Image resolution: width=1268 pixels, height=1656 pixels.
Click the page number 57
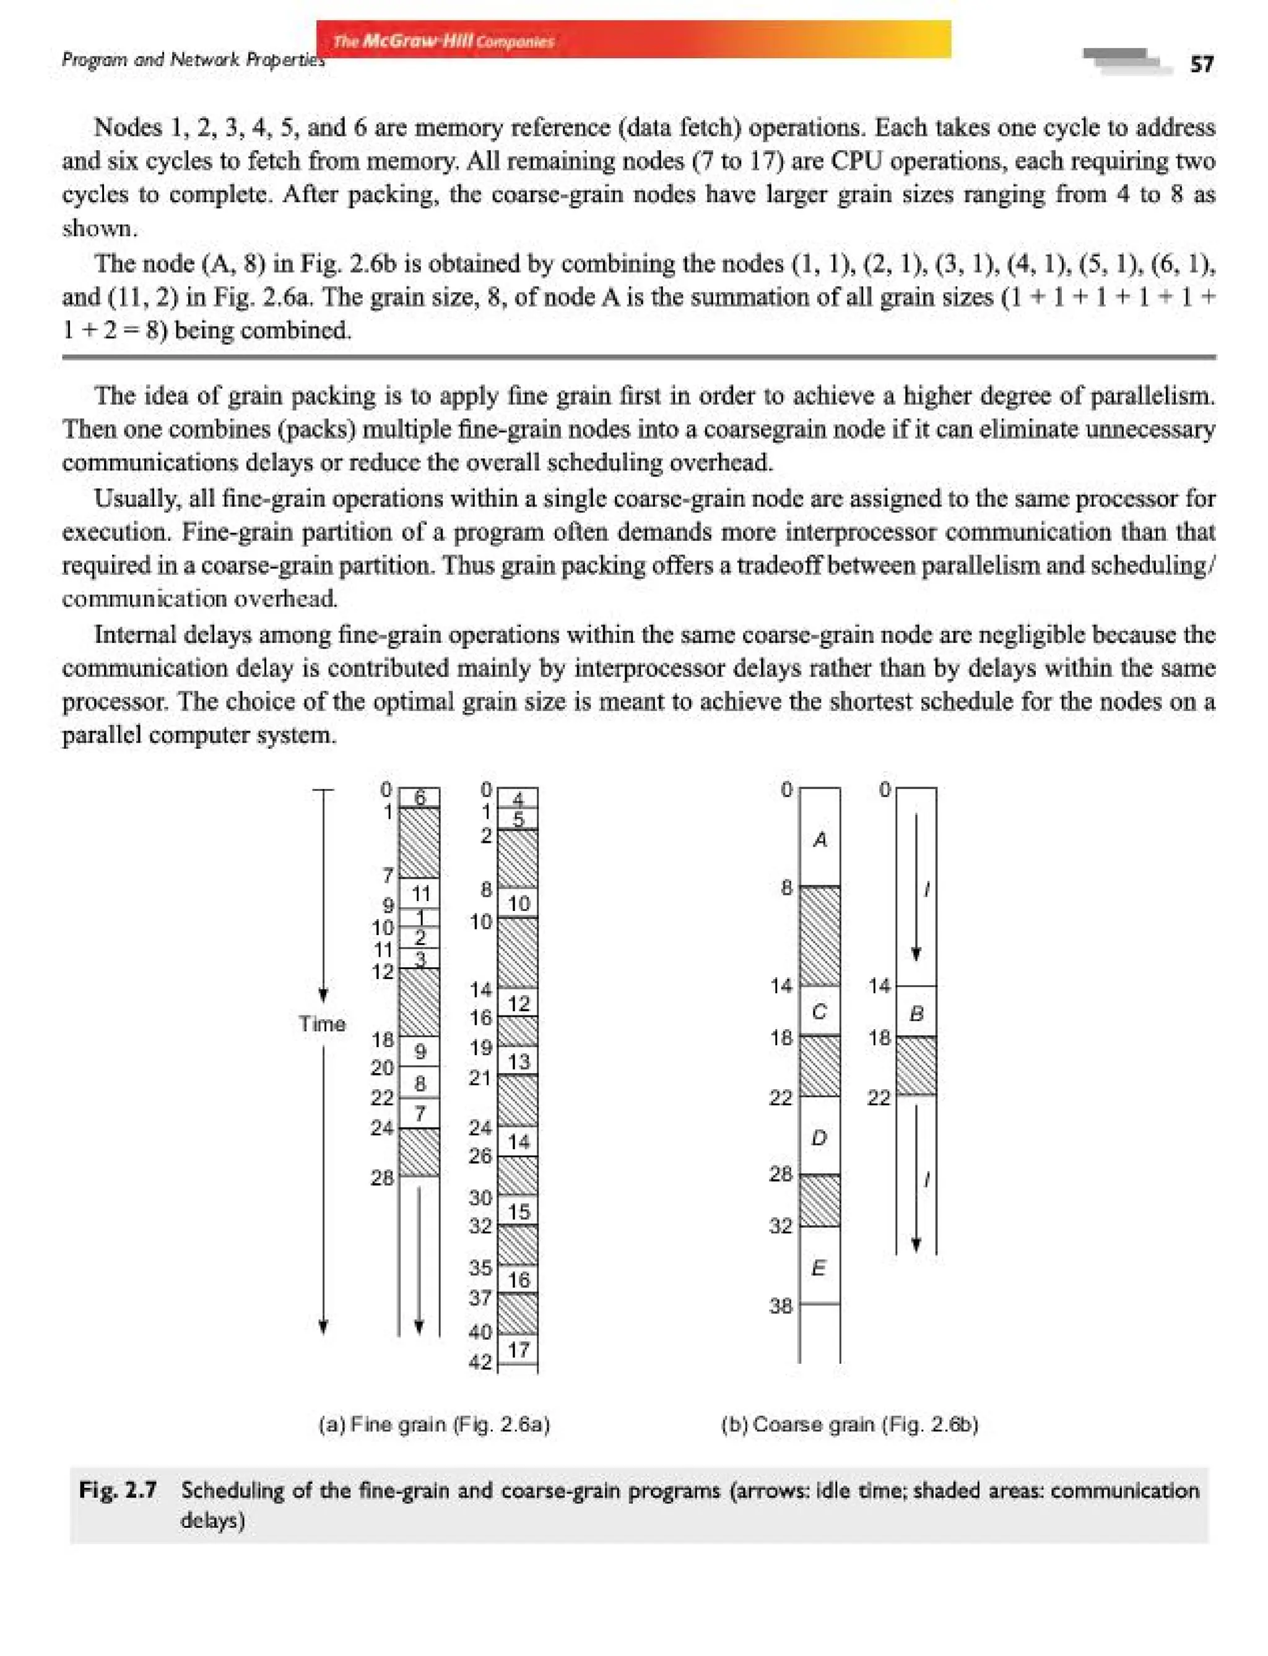pyautogui.click(x=1202, y=65)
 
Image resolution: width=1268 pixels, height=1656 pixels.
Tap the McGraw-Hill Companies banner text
pyautogui.click(x=443, y=41)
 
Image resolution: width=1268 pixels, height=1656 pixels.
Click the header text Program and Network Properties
pyautogui.click(x=193, y=59)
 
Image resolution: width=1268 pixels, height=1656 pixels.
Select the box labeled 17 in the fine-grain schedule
pyautogui.click(x=518, y=1350)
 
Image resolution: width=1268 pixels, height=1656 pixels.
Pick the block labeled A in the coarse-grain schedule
pyautogui.click(x=820, y=839)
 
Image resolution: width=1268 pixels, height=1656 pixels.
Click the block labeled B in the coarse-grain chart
pyautogui.click(x=916, y=1013)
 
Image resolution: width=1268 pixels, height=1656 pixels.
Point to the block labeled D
pyautogui.click(x=819, y=1137)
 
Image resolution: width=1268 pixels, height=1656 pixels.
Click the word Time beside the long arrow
pyautogui.click(x=321, y=1024)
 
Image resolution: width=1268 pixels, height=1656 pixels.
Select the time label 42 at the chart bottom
pyautogui.click(x=480, y=1363)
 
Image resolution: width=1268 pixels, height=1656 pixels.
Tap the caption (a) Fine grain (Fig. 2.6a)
pyautogui.click(x=434, y=1425)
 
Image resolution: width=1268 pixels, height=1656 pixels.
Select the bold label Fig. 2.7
pyautogui.click(x=118, y=1490)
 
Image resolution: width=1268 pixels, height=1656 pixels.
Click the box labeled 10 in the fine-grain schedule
pyautogui.click(x=518, y=903)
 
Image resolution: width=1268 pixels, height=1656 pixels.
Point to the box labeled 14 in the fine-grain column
pyautogui.click(x=518, y=1142)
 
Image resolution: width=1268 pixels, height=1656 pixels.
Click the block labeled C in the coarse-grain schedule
pyautogui.click(x=820, y=1012)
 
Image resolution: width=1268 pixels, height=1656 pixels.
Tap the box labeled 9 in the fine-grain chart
pyautogui.click(x=420, y=1051)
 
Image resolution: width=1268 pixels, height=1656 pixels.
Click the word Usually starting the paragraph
pyautogui.click(x=132, y=499)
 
